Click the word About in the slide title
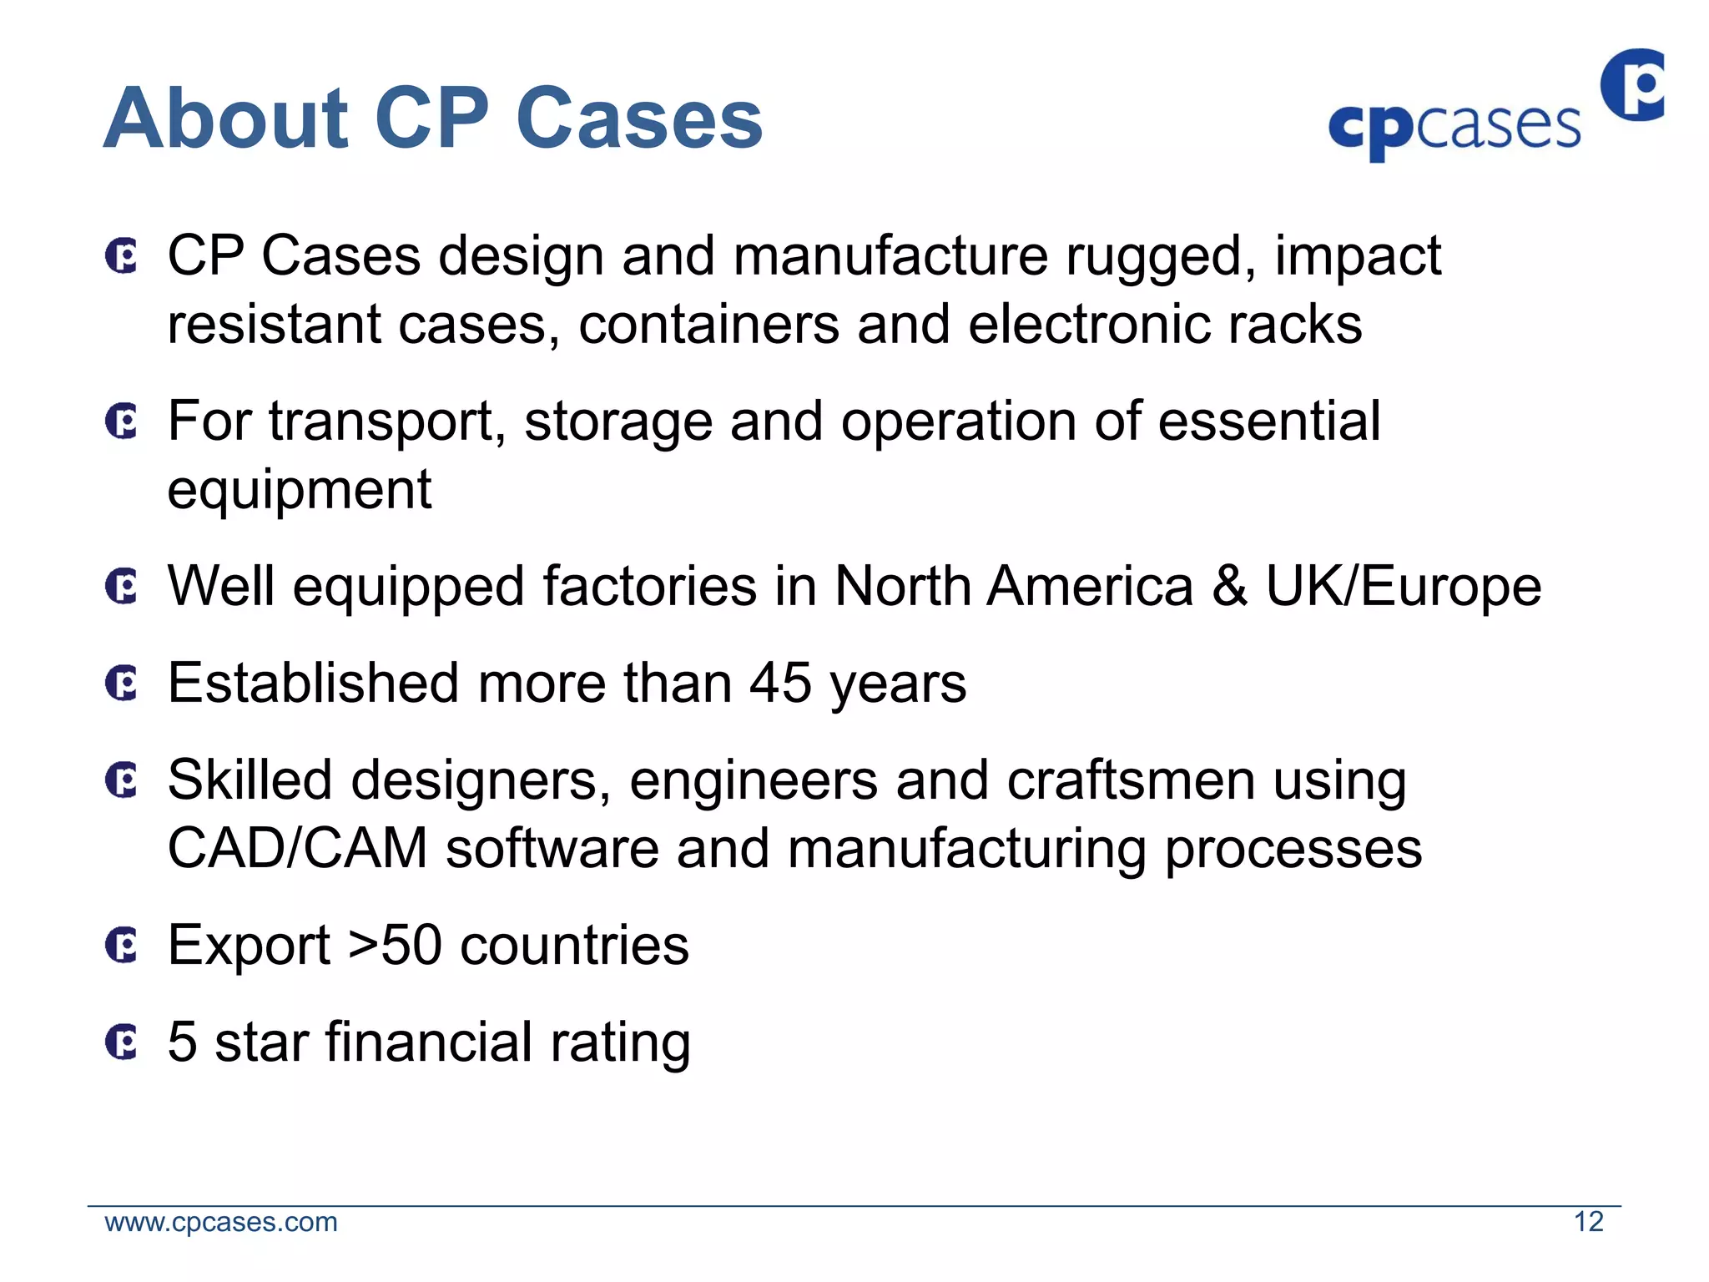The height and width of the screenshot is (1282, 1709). pos(225,119)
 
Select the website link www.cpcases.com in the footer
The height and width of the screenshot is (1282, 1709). pos(221,1222)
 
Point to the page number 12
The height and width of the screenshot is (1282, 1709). pos(1588,1222)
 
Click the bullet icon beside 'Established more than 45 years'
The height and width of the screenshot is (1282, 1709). pos(122,684)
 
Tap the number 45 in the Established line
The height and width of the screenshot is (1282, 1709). pos(779,683)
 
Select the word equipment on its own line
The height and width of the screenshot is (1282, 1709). pos(300,489)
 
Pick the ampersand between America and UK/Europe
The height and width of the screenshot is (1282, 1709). pos(1229,586)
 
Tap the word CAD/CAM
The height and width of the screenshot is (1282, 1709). pos(298,848)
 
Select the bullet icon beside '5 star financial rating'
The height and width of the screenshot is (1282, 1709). pos(122,1042)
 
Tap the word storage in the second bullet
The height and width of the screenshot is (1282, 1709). pos(618,421)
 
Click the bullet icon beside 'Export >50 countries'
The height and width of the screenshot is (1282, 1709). pos(122,946)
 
